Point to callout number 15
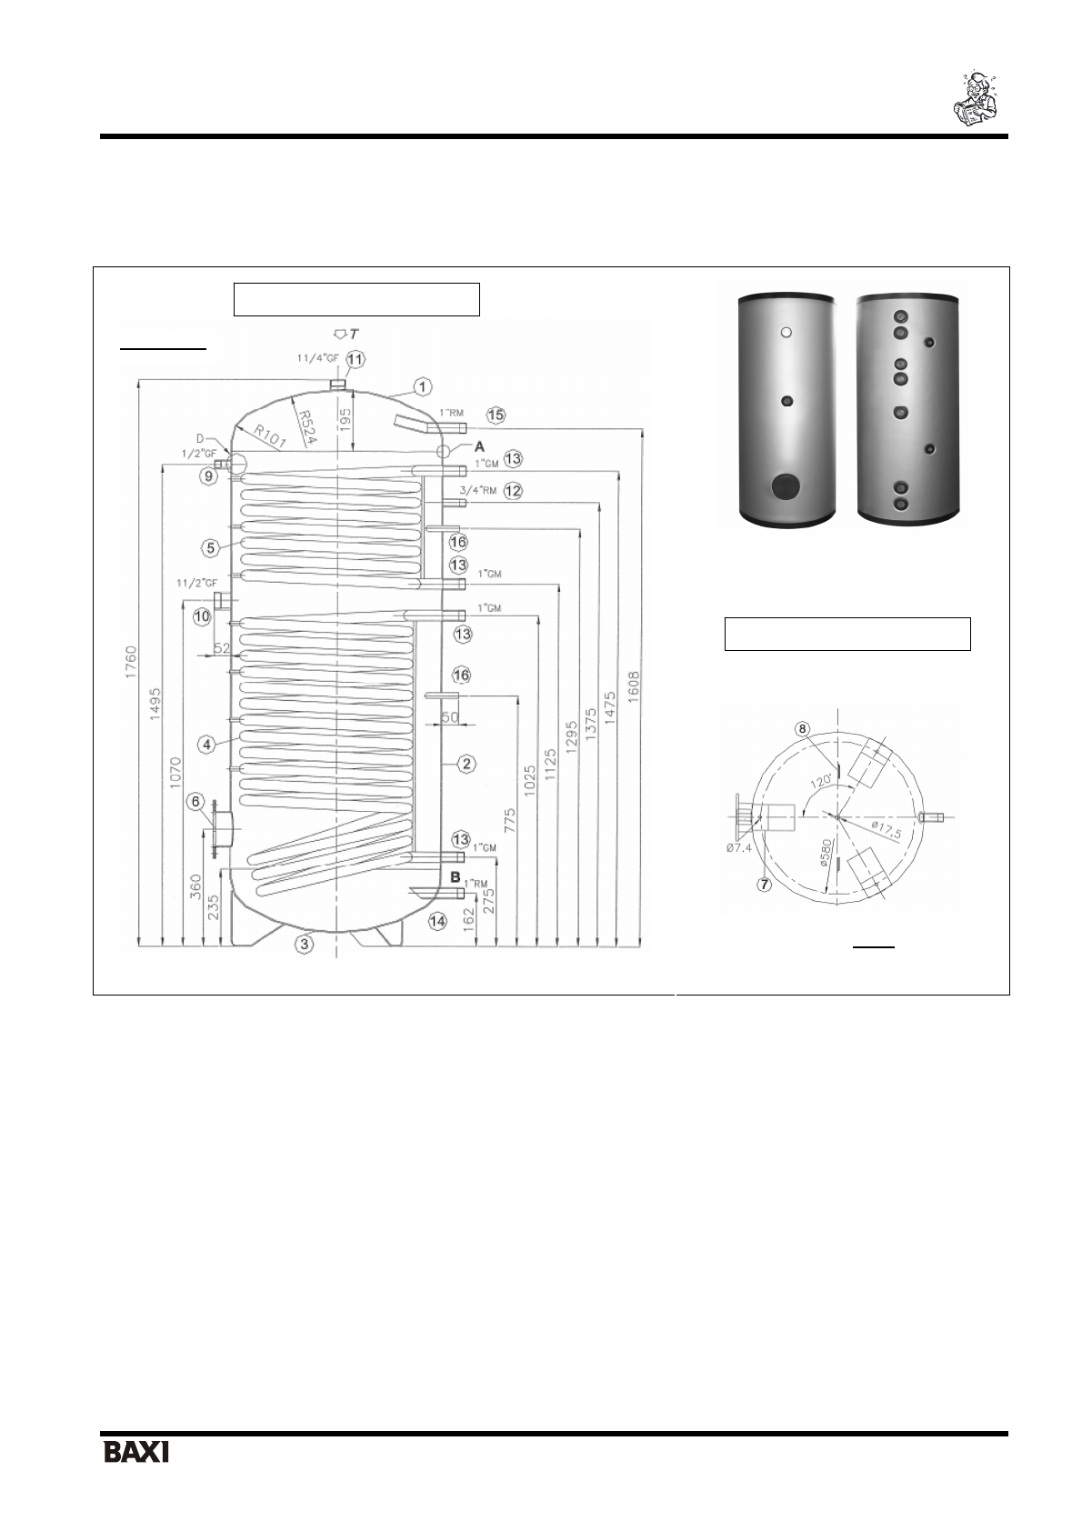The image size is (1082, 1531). click(496, 415)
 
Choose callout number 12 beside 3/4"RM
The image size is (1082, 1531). click(514, 491)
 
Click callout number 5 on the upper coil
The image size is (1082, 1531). click(211, 547)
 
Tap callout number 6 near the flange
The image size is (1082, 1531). click(195, 801)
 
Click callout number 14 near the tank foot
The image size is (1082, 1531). click(438, 921)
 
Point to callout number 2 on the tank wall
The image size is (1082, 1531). click(466, 764)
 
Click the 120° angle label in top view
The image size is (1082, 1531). click(824, 782)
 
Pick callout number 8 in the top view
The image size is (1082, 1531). click(802, 729)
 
